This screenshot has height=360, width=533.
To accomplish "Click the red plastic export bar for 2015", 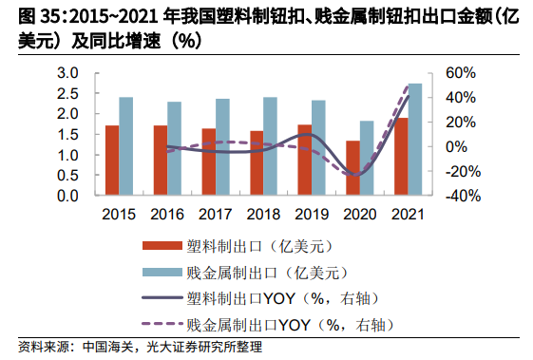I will (112, 161).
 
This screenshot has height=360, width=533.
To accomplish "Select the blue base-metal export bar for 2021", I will (414, 140).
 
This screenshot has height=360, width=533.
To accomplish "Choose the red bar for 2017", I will (208, 162).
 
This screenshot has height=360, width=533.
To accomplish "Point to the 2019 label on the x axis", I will (311, 214).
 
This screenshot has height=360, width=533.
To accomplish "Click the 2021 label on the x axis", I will (407, 214).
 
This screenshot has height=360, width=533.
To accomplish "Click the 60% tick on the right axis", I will (459, 73).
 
